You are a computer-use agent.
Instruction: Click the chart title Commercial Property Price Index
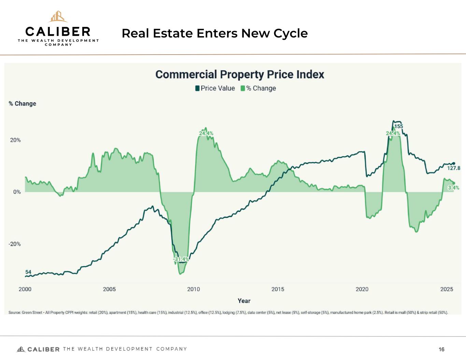tap(240, 74)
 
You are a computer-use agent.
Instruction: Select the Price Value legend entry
tap(215, 88)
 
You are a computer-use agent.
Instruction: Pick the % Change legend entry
tap(258, 88)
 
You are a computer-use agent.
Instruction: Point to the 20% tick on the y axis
tap(15, 140)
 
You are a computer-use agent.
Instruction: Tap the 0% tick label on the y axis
tap(17, 192)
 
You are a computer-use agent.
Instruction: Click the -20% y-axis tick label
tap(15, 244)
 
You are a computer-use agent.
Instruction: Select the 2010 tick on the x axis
tap(194, 289)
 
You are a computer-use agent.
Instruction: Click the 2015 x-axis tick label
tap(278, 289)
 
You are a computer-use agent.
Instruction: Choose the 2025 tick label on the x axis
tap(447, 289)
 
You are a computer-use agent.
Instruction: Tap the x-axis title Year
tap(244, 301)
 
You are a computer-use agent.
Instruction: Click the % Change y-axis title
tap(23, 104)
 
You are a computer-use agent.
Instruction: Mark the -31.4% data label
tap(181, 259)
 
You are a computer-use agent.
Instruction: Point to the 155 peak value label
tap(399, 127)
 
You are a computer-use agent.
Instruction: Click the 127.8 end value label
tap(454, 168)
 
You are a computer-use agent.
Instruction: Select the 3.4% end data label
tap(453, 188)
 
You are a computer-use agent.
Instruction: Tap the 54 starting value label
tap(28, 272)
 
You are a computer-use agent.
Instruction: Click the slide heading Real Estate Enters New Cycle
tap(215, 33)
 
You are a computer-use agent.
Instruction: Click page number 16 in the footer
tap(442, 349)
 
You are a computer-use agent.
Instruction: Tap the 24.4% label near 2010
tap(206, 133)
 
